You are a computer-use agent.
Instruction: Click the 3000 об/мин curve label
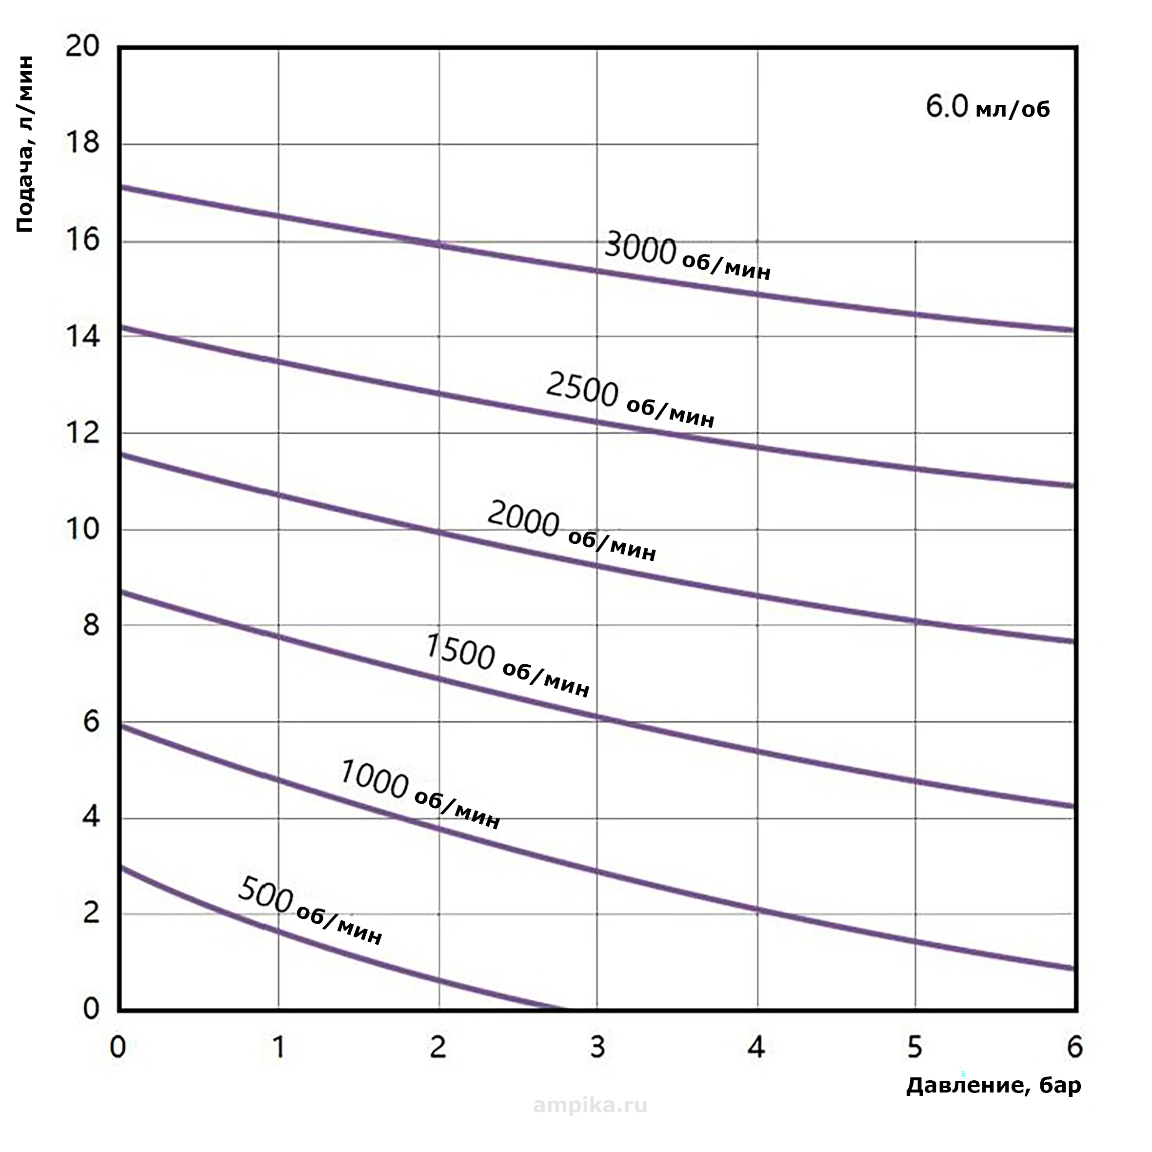(688, 257)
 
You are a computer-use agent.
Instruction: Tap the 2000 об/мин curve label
(571, 531)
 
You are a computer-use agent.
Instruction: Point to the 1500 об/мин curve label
(507, 666)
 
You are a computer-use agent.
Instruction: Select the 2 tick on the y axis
(91, 914)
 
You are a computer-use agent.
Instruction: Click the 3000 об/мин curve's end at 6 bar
(1073, 330)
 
